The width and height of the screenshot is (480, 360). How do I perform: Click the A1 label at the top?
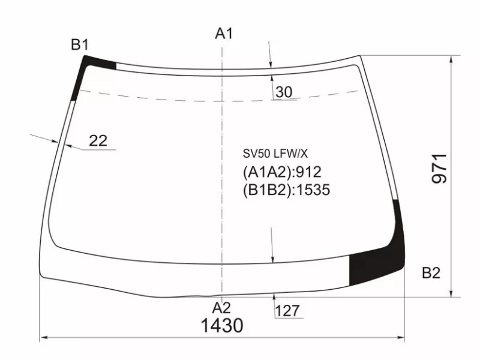(224, 33)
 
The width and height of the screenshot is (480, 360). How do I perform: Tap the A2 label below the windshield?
(221, 308)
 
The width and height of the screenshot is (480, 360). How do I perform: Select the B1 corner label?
(80, 44)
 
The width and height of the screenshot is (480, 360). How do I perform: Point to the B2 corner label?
(431, 272)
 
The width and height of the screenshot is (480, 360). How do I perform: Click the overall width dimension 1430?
(222, 325)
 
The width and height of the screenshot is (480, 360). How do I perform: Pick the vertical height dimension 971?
(440, 169)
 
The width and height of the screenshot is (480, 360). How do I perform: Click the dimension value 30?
(284, 92)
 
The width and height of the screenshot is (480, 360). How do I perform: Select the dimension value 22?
(98, 141)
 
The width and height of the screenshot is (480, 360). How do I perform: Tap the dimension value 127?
(287, 311)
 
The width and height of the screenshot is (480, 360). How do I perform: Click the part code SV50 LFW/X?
(275, 154)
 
